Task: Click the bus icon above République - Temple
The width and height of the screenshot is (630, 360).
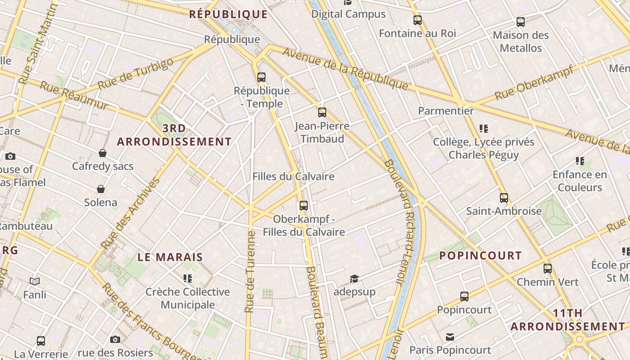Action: [x=261, y=77]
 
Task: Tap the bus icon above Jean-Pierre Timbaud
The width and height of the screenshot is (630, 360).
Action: [x=322, y=112]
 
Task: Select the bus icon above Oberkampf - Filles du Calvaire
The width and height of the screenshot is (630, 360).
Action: [x=304, y=206]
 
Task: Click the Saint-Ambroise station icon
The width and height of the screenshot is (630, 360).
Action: [x=504, y=198]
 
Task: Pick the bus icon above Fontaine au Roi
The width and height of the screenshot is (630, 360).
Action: [x=418, y=20]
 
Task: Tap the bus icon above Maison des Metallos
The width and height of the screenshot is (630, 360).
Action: [x=521, y=22]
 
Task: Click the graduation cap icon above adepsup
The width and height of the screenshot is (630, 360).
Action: [x=354, y=279]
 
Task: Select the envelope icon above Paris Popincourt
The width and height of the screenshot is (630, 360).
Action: [x=450, y=337]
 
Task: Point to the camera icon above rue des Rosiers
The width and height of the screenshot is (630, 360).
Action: [x=115, y=339]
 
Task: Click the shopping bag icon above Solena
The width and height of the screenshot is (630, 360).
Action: [x=101, y=189]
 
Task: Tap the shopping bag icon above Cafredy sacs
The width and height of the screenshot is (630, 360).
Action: [x=103, y=153]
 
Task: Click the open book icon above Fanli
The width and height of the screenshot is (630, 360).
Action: [x=35, y=282]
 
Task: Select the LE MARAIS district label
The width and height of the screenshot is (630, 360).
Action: [x=170, y=257]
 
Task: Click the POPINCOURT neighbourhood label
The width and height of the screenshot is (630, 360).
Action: [x=480, y=256]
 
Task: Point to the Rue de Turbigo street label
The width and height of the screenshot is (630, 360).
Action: [x=135, y=74]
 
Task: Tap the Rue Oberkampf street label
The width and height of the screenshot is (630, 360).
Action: [x=534, y=83]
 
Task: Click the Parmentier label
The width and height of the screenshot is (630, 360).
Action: [x=445, y=111]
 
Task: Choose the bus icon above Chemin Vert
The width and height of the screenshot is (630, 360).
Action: [x=548, y=269]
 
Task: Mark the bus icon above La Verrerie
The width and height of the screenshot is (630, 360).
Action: [x=41, y=341]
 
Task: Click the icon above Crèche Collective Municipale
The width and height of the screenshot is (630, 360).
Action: [x=188, y=279]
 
